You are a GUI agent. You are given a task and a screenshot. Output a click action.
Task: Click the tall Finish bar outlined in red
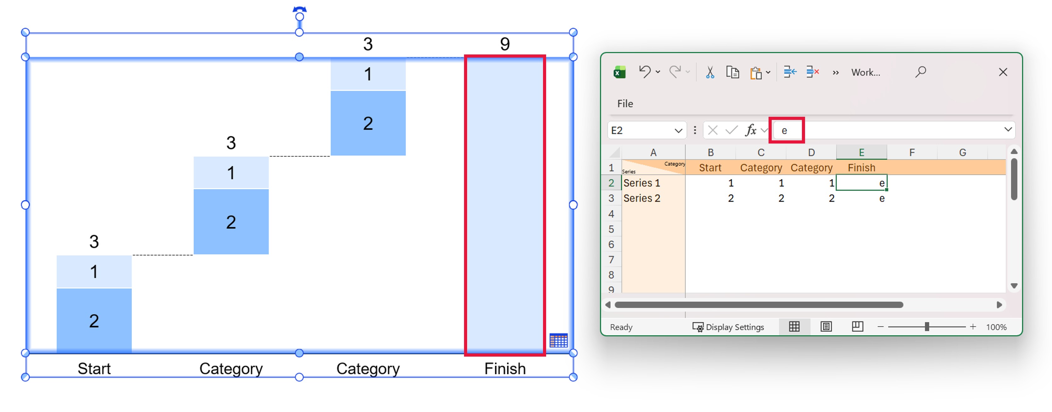click(x=505, y=204)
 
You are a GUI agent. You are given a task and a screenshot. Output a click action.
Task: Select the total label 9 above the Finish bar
click(x=505, y=44)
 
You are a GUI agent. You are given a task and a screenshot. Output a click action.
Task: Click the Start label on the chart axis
click(x=94, y=369)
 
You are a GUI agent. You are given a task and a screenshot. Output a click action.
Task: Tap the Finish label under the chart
click(x=505, y=369)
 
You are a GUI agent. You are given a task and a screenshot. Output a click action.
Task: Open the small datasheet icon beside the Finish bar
click(x=558, y=340)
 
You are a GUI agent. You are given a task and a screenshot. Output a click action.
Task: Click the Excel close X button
click(x=1003, y=72)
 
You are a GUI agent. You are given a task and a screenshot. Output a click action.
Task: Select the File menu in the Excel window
click(x=625, y=104)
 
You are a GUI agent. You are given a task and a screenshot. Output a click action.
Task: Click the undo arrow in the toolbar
click(x=644, y=72)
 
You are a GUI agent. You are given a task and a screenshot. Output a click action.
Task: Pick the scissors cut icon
click(x=710, y=72)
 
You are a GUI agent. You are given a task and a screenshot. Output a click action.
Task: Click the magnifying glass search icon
click(x=920, y=72)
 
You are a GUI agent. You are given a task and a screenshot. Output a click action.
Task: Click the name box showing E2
click(x=641, y=130)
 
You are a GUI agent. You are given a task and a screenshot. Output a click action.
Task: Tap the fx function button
click(x=751, y=130)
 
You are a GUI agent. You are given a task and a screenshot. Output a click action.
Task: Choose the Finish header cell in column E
click(x=861, y=167)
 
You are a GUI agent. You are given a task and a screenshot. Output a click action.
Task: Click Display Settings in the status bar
click(x=729, y=327)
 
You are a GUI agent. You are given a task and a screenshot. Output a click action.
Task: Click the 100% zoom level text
click(x=996, y=327)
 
